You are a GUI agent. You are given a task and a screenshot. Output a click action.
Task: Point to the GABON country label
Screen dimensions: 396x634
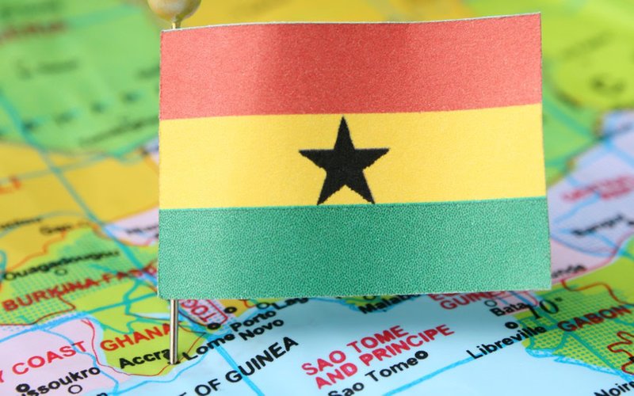coord(586,316)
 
